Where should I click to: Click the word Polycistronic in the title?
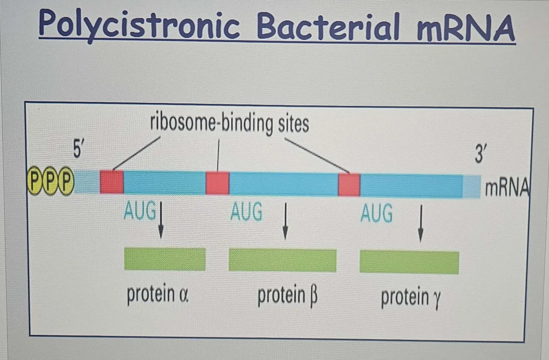[x=139, y=26]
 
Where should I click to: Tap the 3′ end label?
[x=481, y=155]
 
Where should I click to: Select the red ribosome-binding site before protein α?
[x=112, y=182]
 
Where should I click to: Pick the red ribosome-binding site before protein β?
[x=217, y=183]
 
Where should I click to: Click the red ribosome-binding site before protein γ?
[x=349, y=185]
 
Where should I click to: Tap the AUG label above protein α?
[x=139, y=212]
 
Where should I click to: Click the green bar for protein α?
[x=165, y=259]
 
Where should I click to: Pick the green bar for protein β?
[x=282, y=260]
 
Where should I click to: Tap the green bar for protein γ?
[x=409, y=262]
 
